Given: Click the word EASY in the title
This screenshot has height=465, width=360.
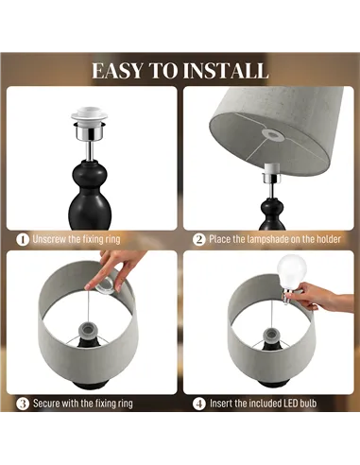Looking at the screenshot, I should click(x=121, y=71).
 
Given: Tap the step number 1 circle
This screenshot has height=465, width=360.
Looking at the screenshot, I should click(x=22, y=239).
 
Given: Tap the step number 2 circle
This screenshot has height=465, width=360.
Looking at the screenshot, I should click(x=198, y=239).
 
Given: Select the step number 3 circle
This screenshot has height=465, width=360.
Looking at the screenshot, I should click(x=22, y=404).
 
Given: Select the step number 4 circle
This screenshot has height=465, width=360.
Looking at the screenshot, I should click(x=198, y=404).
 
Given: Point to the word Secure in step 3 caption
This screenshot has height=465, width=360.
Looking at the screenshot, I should click(x=49, y=404).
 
